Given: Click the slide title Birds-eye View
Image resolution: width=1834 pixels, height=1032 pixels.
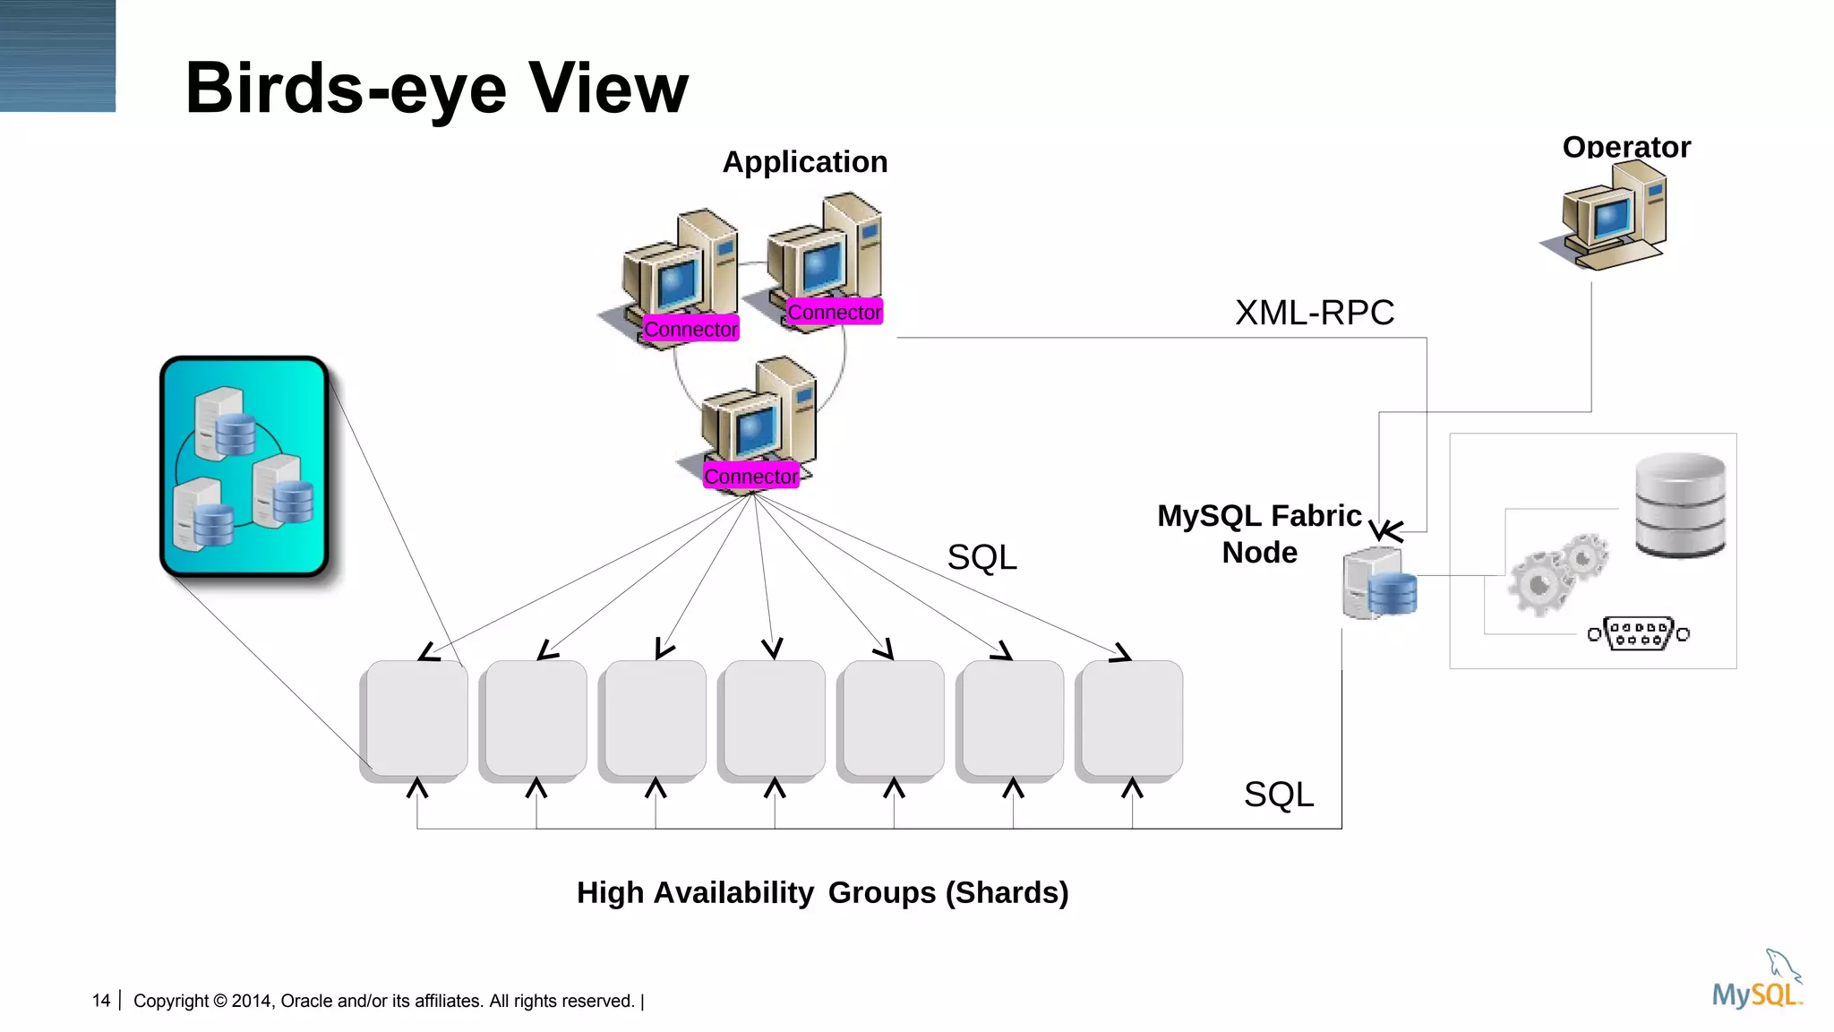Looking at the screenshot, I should [437, 88].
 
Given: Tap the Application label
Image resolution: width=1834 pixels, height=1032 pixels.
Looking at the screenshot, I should [804, 162].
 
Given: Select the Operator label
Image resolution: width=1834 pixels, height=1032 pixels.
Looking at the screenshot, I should [1626, 147].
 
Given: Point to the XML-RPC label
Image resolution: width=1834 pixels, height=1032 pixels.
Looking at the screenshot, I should [1314, 313].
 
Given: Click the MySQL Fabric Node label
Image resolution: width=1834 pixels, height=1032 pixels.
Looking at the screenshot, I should [1259, 534].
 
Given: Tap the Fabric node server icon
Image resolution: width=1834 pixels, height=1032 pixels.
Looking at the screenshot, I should [1380, 585].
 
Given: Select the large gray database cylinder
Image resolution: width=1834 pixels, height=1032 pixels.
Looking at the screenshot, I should [1680, 505].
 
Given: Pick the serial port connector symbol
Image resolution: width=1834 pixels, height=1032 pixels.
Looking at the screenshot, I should [1638, 633].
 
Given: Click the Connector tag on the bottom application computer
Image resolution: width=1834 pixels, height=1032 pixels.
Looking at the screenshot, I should [750, 477].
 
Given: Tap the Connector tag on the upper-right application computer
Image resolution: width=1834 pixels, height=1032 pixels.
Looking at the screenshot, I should [834, 313].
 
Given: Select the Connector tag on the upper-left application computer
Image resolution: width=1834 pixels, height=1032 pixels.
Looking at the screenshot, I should [690, 330].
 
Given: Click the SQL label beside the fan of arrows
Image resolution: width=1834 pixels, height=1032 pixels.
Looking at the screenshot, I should [981, 557].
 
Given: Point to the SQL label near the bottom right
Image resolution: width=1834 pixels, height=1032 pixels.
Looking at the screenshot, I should [1278, 795].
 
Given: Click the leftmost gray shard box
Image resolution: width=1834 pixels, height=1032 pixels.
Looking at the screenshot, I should [416, 718].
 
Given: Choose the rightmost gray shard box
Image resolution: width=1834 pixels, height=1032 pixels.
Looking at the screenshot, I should [1131, 718].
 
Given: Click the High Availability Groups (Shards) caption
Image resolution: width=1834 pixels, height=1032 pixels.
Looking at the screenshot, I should [822, 892].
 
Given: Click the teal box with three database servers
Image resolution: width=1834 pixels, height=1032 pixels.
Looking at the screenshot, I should [244, 467].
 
